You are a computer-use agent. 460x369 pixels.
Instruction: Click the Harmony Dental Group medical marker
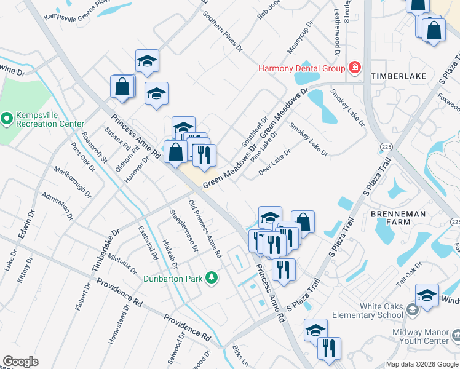(354, 68)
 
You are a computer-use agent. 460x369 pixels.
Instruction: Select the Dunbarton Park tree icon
(212, 279)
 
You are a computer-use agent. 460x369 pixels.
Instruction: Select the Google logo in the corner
(20, 362)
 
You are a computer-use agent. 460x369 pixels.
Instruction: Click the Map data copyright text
(421, 364)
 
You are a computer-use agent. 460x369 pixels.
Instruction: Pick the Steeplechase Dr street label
(183, 230)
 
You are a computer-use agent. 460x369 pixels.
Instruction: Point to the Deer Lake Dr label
(274, 162)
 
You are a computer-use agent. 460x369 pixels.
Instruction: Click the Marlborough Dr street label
(72, 182)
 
